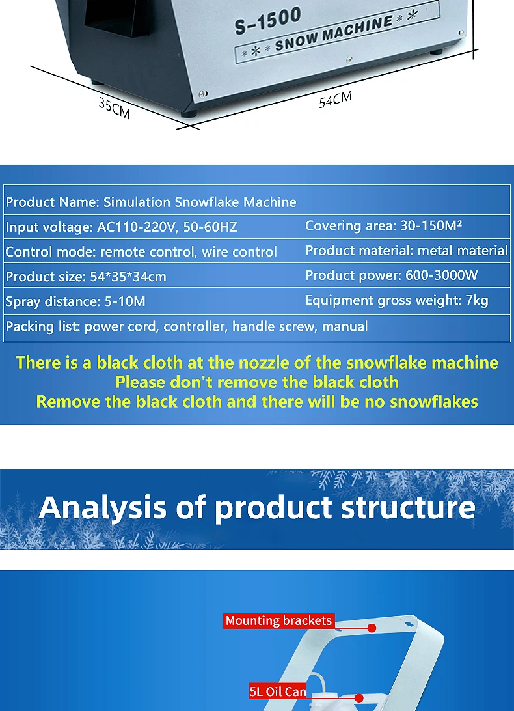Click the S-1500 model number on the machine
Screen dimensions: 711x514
(x=268, y=21)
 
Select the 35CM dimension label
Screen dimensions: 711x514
(x=115, y=108)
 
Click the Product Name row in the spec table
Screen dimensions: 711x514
(x=151, y=202)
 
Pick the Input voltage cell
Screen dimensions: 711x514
(x=122, y=227)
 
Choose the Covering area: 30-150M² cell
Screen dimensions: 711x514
(x=383, y=226)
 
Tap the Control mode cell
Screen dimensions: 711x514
(x=141, y=252)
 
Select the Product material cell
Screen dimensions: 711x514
(x=407, y=251)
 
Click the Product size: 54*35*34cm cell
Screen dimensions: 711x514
(x=86, y=277)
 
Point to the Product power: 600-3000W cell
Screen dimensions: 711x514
(x=392, y=275)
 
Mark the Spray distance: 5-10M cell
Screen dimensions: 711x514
(x=75, y=301)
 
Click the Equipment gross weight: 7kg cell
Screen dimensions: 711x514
(x=397, y=300)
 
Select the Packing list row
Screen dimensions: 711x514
(x=187, y=326)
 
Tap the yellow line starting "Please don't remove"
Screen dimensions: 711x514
(x=257, y=382)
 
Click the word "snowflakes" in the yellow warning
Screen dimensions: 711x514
(x=434, y=402)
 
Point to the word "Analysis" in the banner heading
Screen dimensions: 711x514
(x=102, y=507)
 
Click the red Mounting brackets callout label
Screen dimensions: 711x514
(x=278, y=621)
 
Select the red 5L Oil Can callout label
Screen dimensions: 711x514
(x=278, y=691)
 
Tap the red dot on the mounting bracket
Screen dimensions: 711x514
(x=372, y=628)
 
